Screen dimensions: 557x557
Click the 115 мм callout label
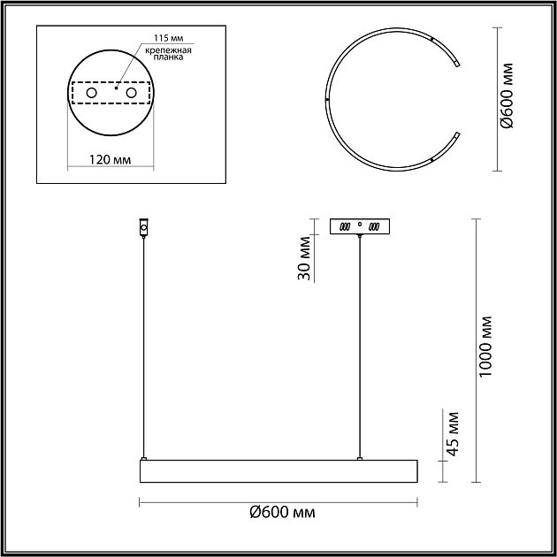click(x=169, y=38)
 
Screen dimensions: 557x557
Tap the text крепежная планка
click(x=168, y=53)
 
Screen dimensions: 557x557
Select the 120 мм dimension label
click(x=110, y=160)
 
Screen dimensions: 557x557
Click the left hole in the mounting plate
click(x=92, y=93)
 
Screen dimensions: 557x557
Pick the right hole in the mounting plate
click(x=131, y=93)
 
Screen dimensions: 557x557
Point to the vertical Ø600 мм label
click(x=507, y=95)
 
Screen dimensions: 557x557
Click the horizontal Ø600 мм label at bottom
click(x=282, y=513)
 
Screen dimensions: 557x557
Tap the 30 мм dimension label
click(x=304, y=258)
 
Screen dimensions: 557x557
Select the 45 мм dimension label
click(x=453, y=434)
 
